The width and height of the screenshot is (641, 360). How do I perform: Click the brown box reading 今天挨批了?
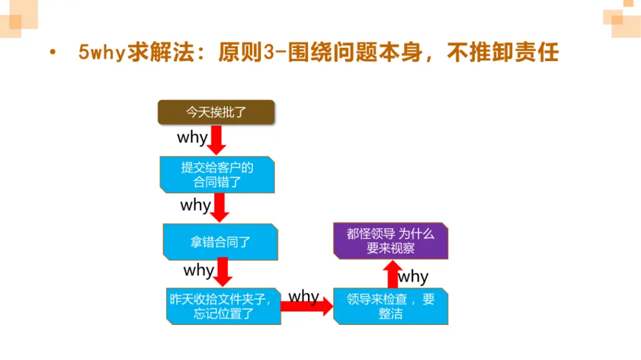216,112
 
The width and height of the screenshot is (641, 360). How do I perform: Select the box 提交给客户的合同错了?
217,174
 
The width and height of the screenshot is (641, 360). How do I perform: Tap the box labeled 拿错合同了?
220,241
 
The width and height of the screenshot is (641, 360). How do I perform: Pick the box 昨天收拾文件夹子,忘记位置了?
224,306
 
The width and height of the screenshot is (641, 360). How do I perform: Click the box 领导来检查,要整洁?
391,306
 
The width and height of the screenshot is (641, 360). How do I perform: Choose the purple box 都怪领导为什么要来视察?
391,241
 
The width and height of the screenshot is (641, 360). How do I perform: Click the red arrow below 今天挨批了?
217,141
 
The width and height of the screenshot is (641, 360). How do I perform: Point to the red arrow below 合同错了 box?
220,208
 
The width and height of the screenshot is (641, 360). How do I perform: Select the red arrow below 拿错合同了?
223,273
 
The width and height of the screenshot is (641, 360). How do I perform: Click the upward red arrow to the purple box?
391,273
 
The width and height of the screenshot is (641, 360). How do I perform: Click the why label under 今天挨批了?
192,138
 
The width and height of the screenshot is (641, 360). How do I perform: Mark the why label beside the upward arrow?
413,277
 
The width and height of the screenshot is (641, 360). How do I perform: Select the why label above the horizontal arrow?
304,296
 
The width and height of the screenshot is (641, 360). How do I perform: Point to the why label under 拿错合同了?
199,270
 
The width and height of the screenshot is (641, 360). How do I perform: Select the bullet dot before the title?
53,53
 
